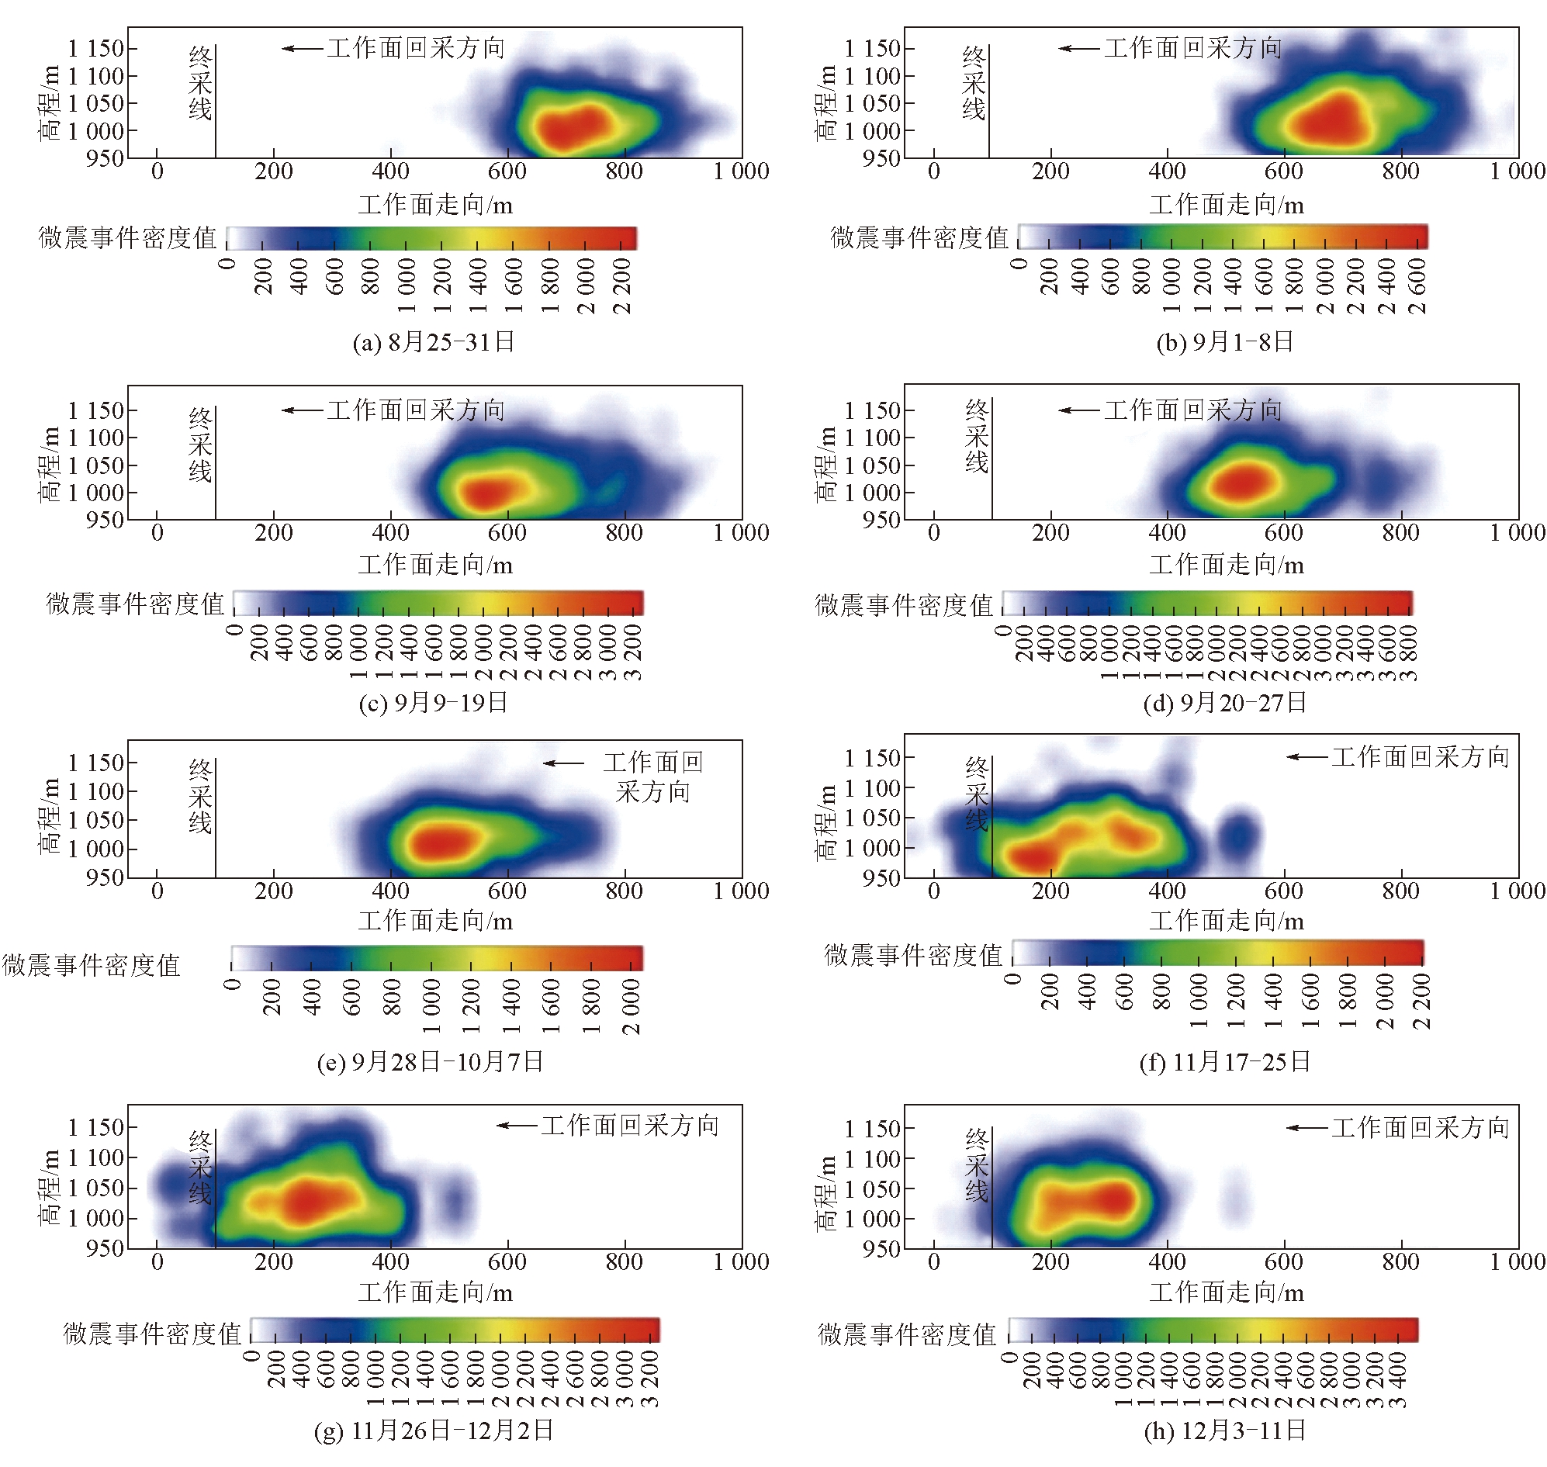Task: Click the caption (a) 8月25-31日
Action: point(433,341)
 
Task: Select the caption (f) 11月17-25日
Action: point(1225,1062)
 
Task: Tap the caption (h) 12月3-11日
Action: point(1225,1431)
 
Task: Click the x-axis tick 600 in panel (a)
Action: point(507,171)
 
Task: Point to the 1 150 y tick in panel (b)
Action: point(873,48)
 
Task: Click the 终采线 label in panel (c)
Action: point(200,445)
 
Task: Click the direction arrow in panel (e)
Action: point(563,763)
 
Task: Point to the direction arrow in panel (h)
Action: point(1306,1129)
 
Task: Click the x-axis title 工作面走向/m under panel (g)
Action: point(436,1292)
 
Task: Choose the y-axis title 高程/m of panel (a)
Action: point(50,102)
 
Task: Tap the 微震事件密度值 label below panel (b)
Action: point(919,237)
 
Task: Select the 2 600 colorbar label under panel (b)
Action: point(1417,286)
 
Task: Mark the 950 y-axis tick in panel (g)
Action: point(105,1248)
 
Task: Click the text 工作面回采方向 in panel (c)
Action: point(415,410)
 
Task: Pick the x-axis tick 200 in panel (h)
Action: point(1050,1262)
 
